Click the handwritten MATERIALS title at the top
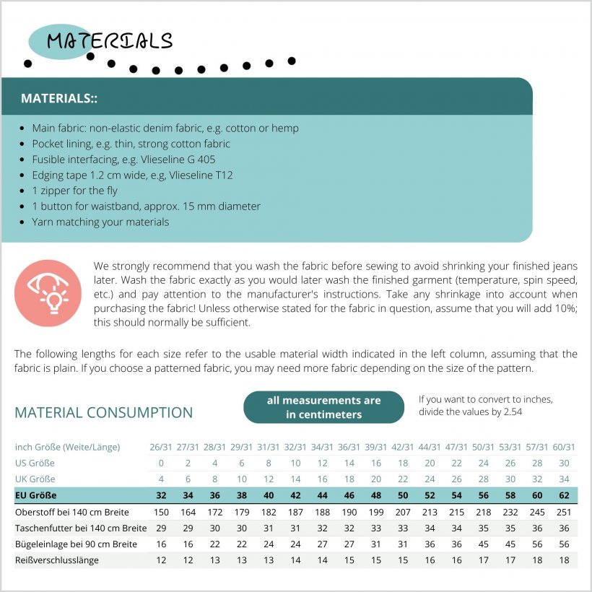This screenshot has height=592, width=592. tap(110, 41)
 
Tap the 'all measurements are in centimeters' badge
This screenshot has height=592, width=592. tap(323, 407)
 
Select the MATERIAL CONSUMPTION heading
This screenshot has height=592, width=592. tap(104, 413)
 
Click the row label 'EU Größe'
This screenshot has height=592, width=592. tap(36, 495)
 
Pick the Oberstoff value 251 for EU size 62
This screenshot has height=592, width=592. tap(565, 512)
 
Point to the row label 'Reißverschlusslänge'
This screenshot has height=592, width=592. tap(57, 560)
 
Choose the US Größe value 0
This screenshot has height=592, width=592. tap(161, 463)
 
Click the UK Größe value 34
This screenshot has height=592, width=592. tap(565, 479)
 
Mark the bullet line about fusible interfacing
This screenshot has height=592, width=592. tap(123, 160)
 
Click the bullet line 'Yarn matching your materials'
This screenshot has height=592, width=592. tap(100, 222)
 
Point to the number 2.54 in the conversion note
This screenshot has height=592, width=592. tap(510, 412)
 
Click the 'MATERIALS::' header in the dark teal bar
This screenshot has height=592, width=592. tap(59, 98)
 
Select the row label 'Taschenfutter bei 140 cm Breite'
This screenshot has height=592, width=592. tap(76, 528)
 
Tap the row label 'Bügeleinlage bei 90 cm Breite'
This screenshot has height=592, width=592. tap(76, 544)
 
